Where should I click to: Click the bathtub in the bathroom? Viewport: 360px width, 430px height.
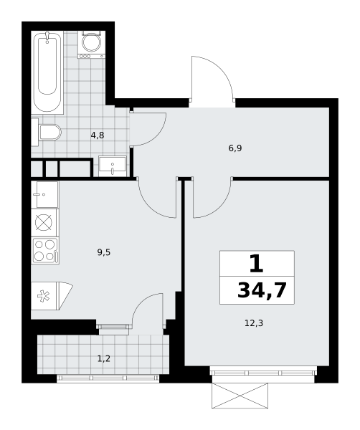tap(47, 72)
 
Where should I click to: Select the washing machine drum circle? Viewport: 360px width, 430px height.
tap(92, 43)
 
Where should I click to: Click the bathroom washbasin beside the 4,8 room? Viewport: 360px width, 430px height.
tap(113, 166)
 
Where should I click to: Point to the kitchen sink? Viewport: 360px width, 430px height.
tap(44, 194)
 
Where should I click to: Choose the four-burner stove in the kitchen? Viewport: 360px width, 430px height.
tap(45, 251)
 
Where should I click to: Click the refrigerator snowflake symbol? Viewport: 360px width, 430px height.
tap(43, 297)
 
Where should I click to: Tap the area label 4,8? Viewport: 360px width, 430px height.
tap(98, 135)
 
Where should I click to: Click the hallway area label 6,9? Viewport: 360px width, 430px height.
tap(235, 148)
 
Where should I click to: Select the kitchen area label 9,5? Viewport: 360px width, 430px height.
tap(104, 252)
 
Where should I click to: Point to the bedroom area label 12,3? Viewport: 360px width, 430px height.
tap(254, 323)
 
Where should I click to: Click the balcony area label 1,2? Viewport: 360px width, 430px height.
tap(104, 358)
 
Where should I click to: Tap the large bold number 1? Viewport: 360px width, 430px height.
tap(257, 264)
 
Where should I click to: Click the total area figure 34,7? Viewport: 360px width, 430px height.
tap(262, 290)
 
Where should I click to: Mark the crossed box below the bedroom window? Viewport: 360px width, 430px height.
tap(240, 396)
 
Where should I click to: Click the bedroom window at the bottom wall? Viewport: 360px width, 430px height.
tap(264, 372)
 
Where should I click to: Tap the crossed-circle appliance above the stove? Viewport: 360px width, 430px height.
tap(44, 222)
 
